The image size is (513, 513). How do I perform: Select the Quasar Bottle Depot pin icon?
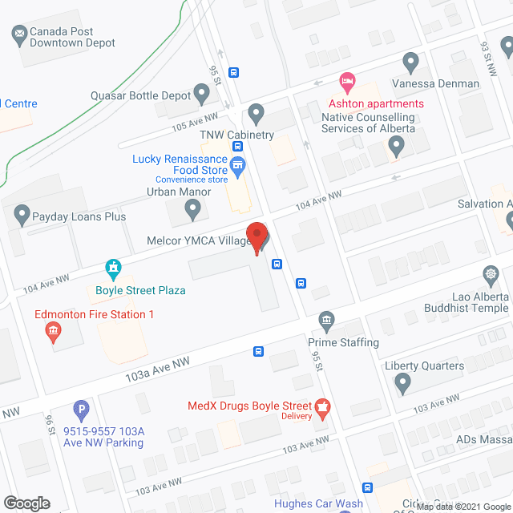pyautogui.click(x=201, y=95)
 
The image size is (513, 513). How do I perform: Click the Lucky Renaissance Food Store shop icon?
pyautogui.click(x=237, y=167)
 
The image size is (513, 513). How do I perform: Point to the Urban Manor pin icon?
pyautogui.click(x=192, y=209)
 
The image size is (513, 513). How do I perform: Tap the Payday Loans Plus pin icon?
pyautogui.click(x=21, y=214)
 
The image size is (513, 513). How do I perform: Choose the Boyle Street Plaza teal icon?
pyautogui.click(x=114, y=267)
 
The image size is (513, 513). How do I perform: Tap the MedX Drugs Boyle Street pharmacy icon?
pyautogui.click(x=323, y=408)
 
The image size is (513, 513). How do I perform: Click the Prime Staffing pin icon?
pyautogui.click(x=326, y=321)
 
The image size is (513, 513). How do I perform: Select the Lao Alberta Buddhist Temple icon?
pyautogui.click(x=491, y=277)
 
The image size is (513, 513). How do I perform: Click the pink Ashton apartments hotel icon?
pyautogui.click(x=347, y=82)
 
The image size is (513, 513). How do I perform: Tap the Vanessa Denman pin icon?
pyautogui.click(x=411, y=62)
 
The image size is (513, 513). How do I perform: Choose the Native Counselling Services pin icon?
pyautogui.click(x=395, y=146)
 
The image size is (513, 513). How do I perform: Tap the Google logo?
pyautogui.click(x=26, y=503)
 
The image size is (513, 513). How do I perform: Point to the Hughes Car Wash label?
pyautogui.click(x=318, y=504)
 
